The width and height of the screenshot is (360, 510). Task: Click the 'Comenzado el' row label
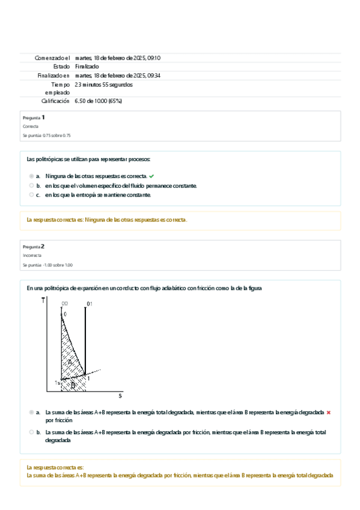tap(52, 58)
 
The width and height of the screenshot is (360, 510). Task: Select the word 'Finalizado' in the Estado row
tap(87, 66)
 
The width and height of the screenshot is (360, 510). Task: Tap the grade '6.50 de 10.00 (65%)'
tap(99, 101)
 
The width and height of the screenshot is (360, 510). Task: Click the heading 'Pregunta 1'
tap(34, 117)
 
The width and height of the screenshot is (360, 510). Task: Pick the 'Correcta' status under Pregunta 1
tap(31, 127)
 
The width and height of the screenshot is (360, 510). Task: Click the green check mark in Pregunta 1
tap(152, 176)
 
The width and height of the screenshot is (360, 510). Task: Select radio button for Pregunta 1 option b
tap(31, 185)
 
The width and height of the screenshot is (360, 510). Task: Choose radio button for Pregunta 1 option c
tap(31, 194)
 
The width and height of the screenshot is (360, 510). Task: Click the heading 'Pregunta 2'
tap(34, 247)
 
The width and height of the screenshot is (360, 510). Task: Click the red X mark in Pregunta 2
tap(329, 413)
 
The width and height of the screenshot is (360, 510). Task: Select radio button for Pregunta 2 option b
tap(31, 432)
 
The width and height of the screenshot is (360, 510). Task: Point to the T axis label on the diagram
tap(43, 300)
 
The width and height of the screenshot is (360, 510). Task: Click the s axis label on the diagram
tap(120, 395)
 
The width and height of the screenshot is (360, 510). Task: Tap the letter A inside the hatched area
tap(70, 362)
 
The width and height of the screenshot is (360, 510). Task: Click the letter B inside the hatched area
tap(73, 386)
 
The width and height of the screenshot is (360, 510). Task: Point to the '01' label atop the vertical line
tap(90, 304)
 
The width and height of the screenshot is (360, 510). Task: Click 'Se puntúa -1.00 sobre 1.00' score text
tap(47, 265)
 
